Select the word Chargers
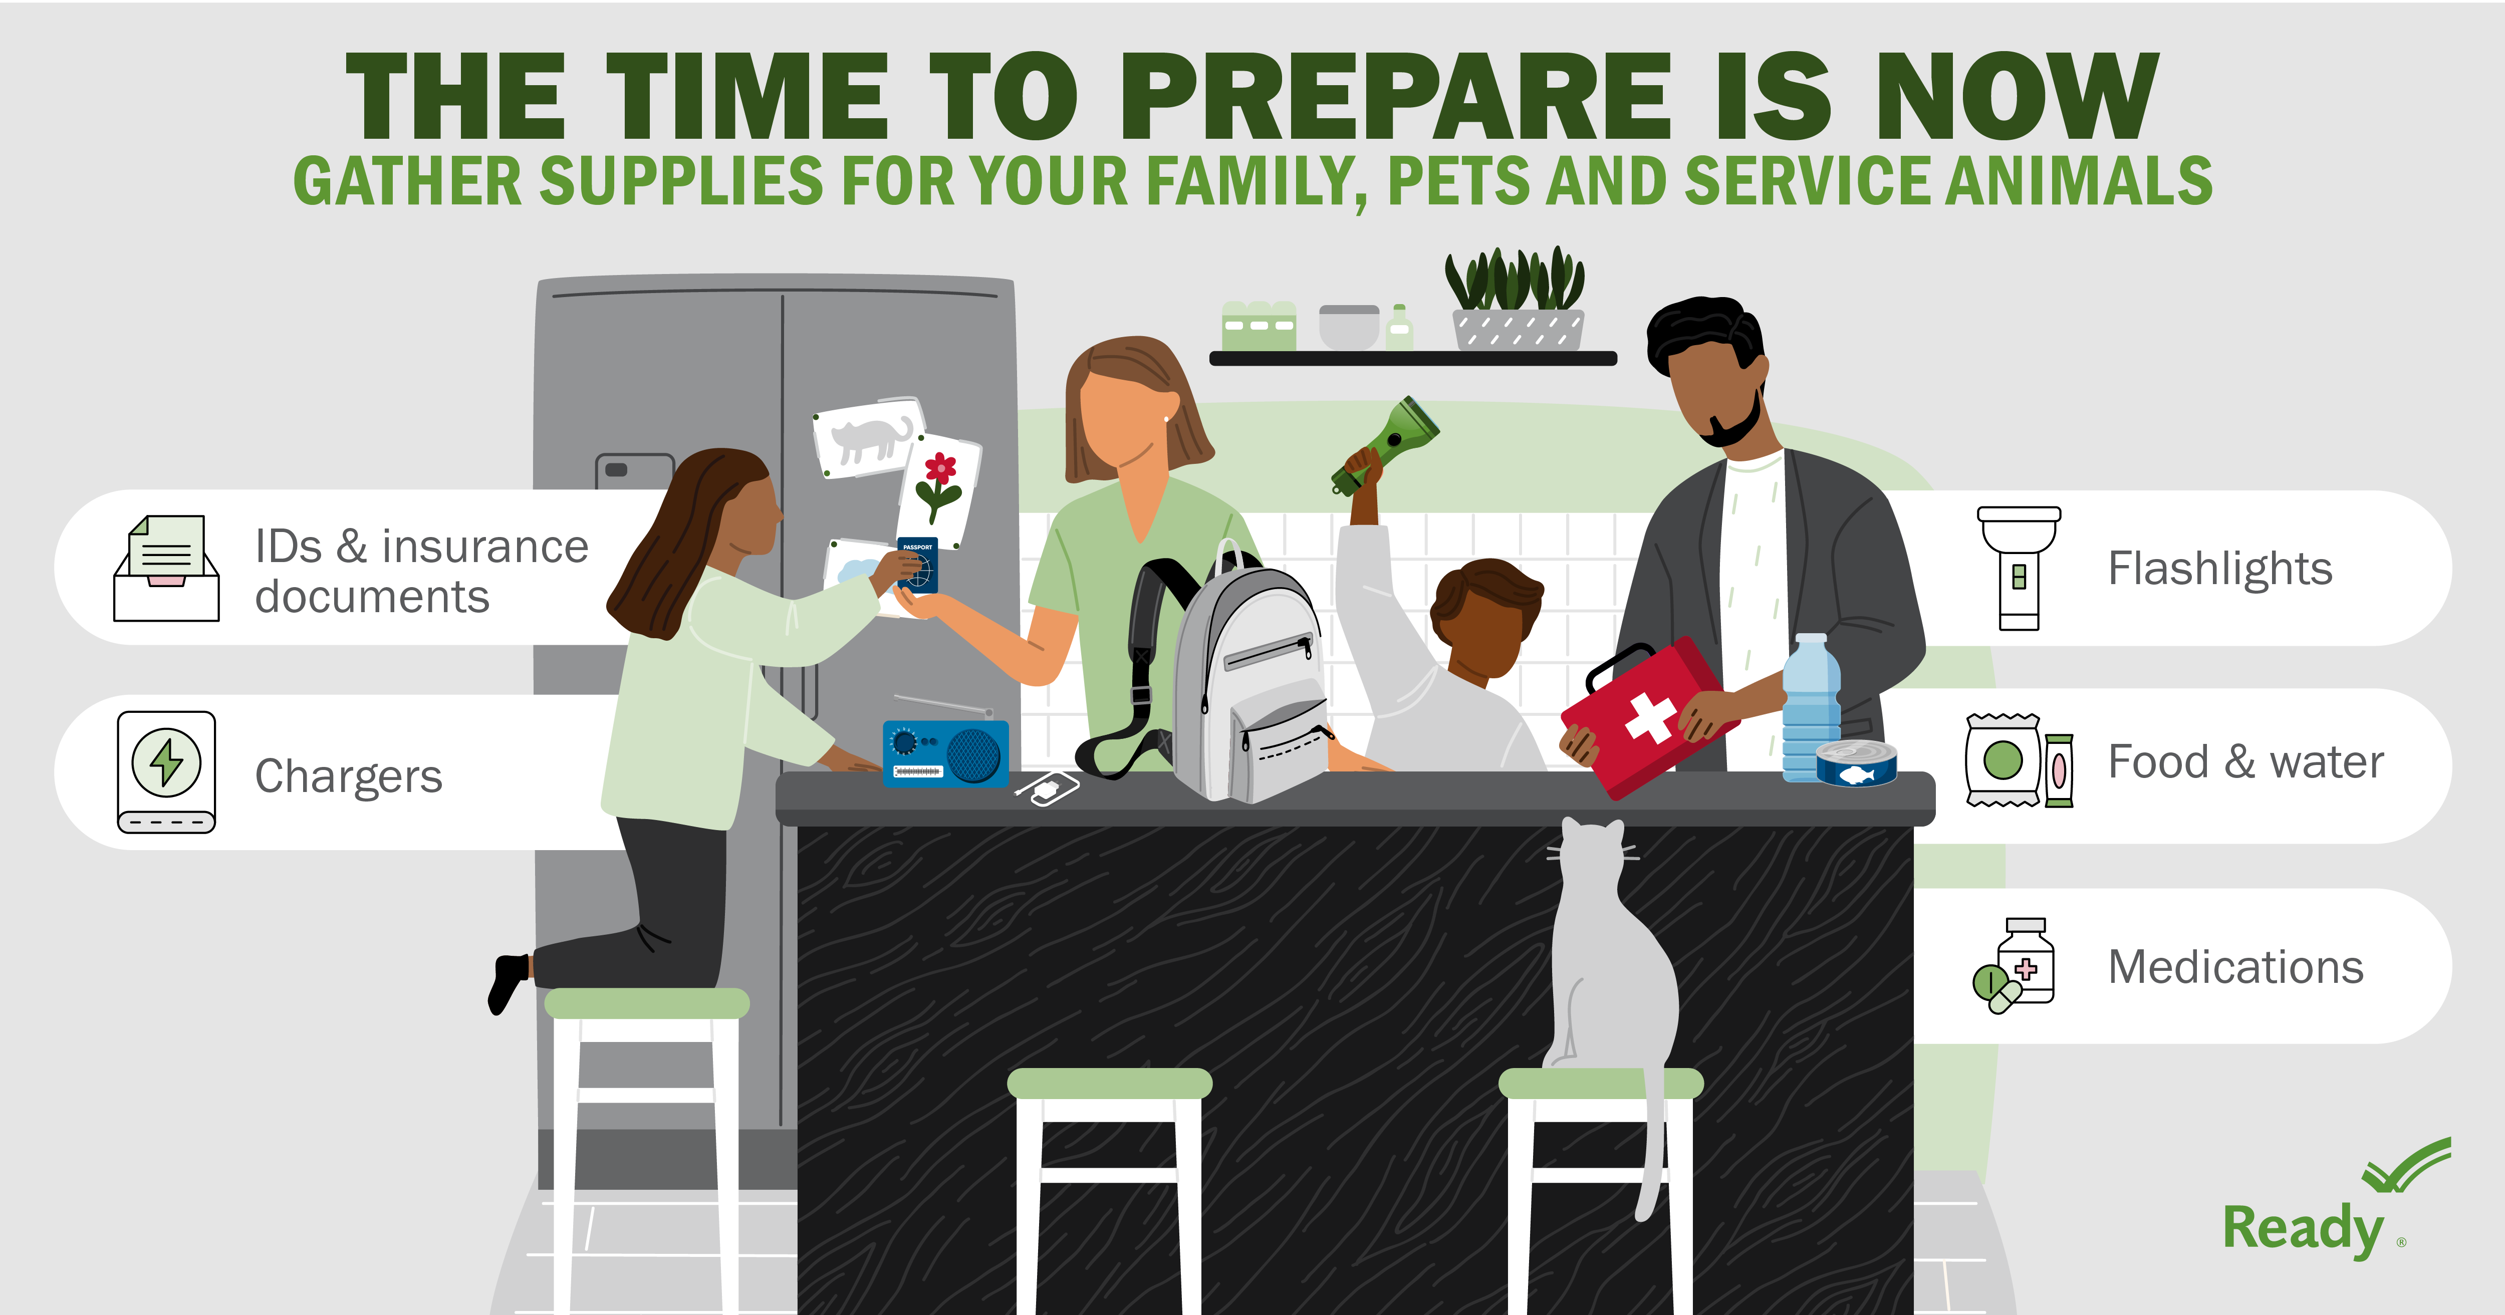348,776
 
